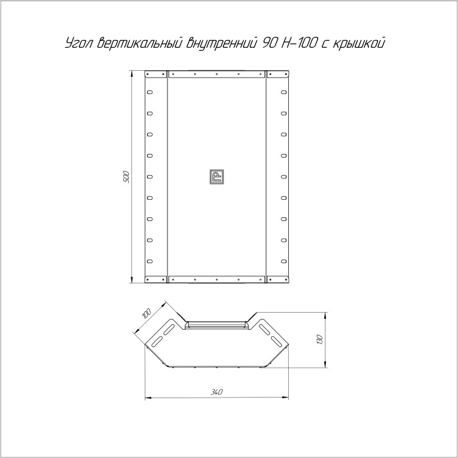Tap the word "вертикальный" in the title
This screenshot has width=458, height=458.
click(x=140, y=43)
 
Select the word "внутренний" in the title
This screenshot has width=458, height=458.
click(x=222, y=43)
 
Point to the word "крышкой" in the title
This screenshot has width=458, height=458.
click(x=358, y=43)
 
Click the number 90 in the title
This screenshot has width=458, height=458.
click(x=268, y=43)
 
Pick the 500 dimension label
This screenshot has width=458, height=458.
click(x=126, y=176)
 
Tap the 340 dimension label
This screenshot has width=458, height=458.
click(x=216, y=392)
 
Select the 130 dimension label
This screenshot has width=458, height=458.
click(x=319, y=340)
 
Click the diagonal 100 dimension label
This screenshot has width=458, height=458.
click(x=146, y=313)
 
